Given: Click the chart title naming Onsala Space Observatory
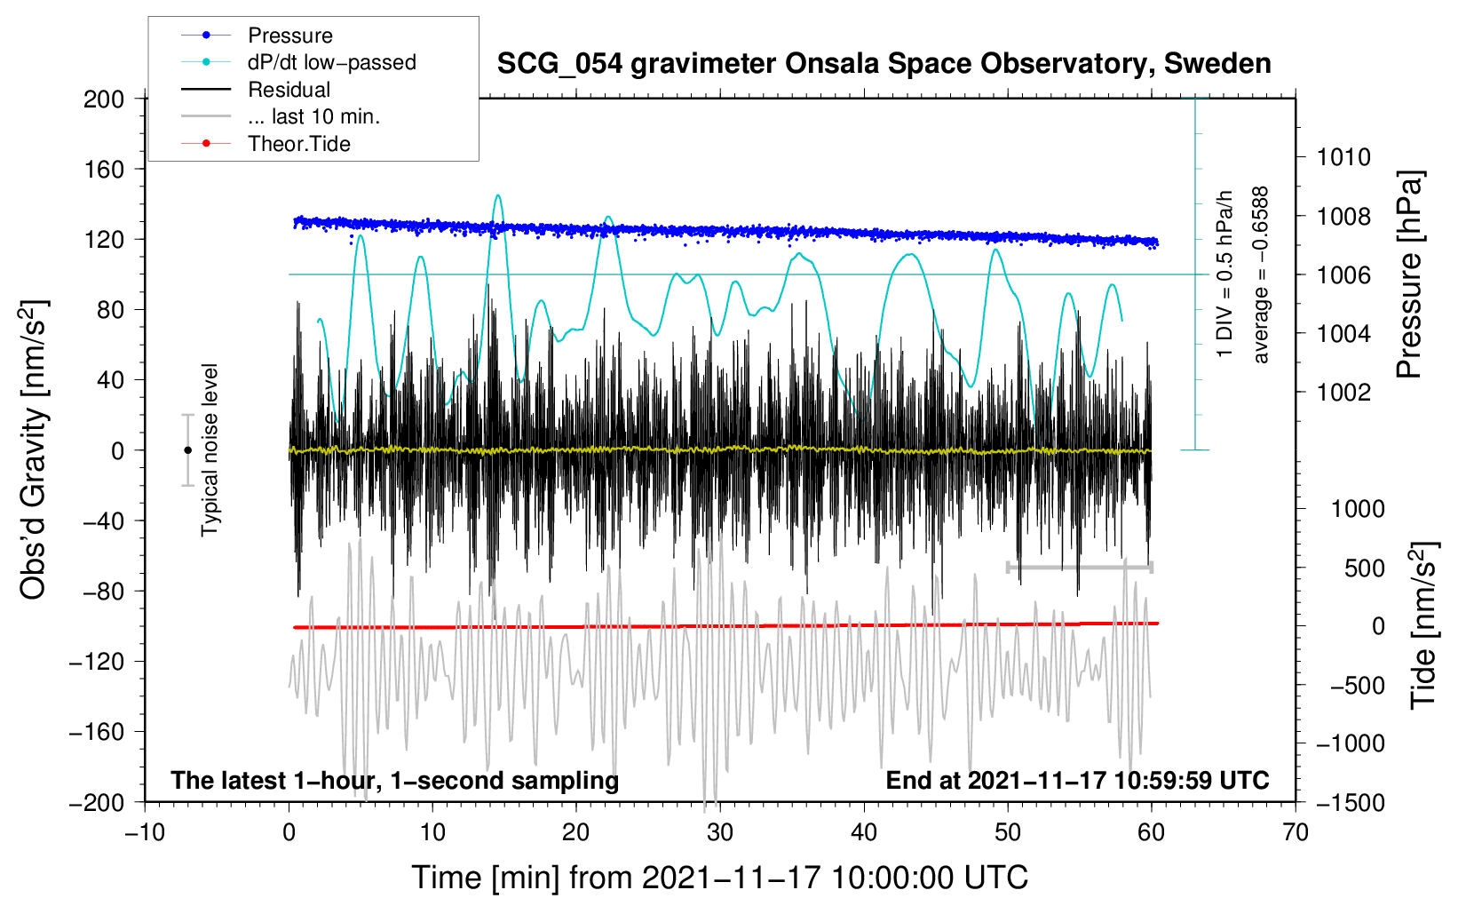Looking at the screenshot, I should [x=884, y=64].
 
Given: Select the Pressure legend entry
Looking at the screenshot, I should [x=289, y=36].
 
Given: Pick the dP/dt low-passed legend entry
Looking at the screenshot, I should [x=331, y=62].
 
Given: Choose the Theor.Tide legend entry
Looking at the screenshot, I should [x=298, y=144].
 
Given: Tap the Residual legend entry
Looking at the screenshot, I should [x=289, y=90].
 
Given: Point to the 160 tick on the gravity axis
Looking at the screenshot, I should [x=104, y=169].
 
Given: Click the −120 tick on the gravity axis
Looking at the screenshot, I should [x=97, y=662].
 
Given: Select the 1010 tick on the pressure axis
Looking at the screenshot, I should [x=1343, y=157].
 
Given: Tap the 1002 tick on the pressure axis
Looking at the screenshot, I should [x=1343, y=393].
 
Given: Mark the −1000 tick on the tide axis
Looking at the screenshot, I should [x=1350, y=743].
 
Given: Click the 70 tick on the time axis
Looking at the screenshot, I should [x=1296, y=832].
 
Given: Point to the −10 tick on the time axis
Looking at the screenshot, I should [x=145, y=832].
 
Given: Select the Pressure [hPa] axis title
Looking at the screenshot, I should [x=1409, y=275].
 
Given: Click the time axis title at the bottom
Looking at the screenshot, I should [x=719, y=878].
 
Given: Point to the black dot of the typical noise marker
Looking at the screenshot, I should [x=187, y=450].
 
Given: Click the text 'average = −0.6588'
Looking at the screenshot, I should [x=1260, y=275].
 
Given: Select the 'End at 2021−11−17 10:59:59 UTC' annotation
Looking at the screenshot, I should [x=1077, y=781].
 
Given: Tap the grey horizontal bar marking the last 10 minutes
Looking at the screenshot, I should [x=1079, y=567].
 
